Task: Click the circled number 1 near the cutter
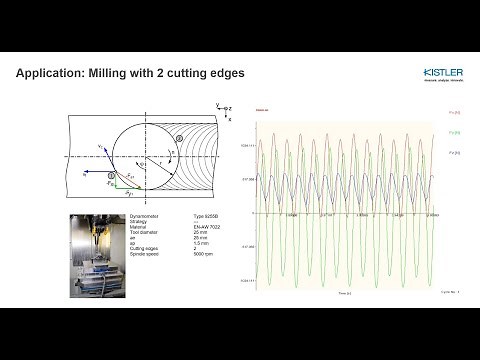[x=113, y=175]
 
